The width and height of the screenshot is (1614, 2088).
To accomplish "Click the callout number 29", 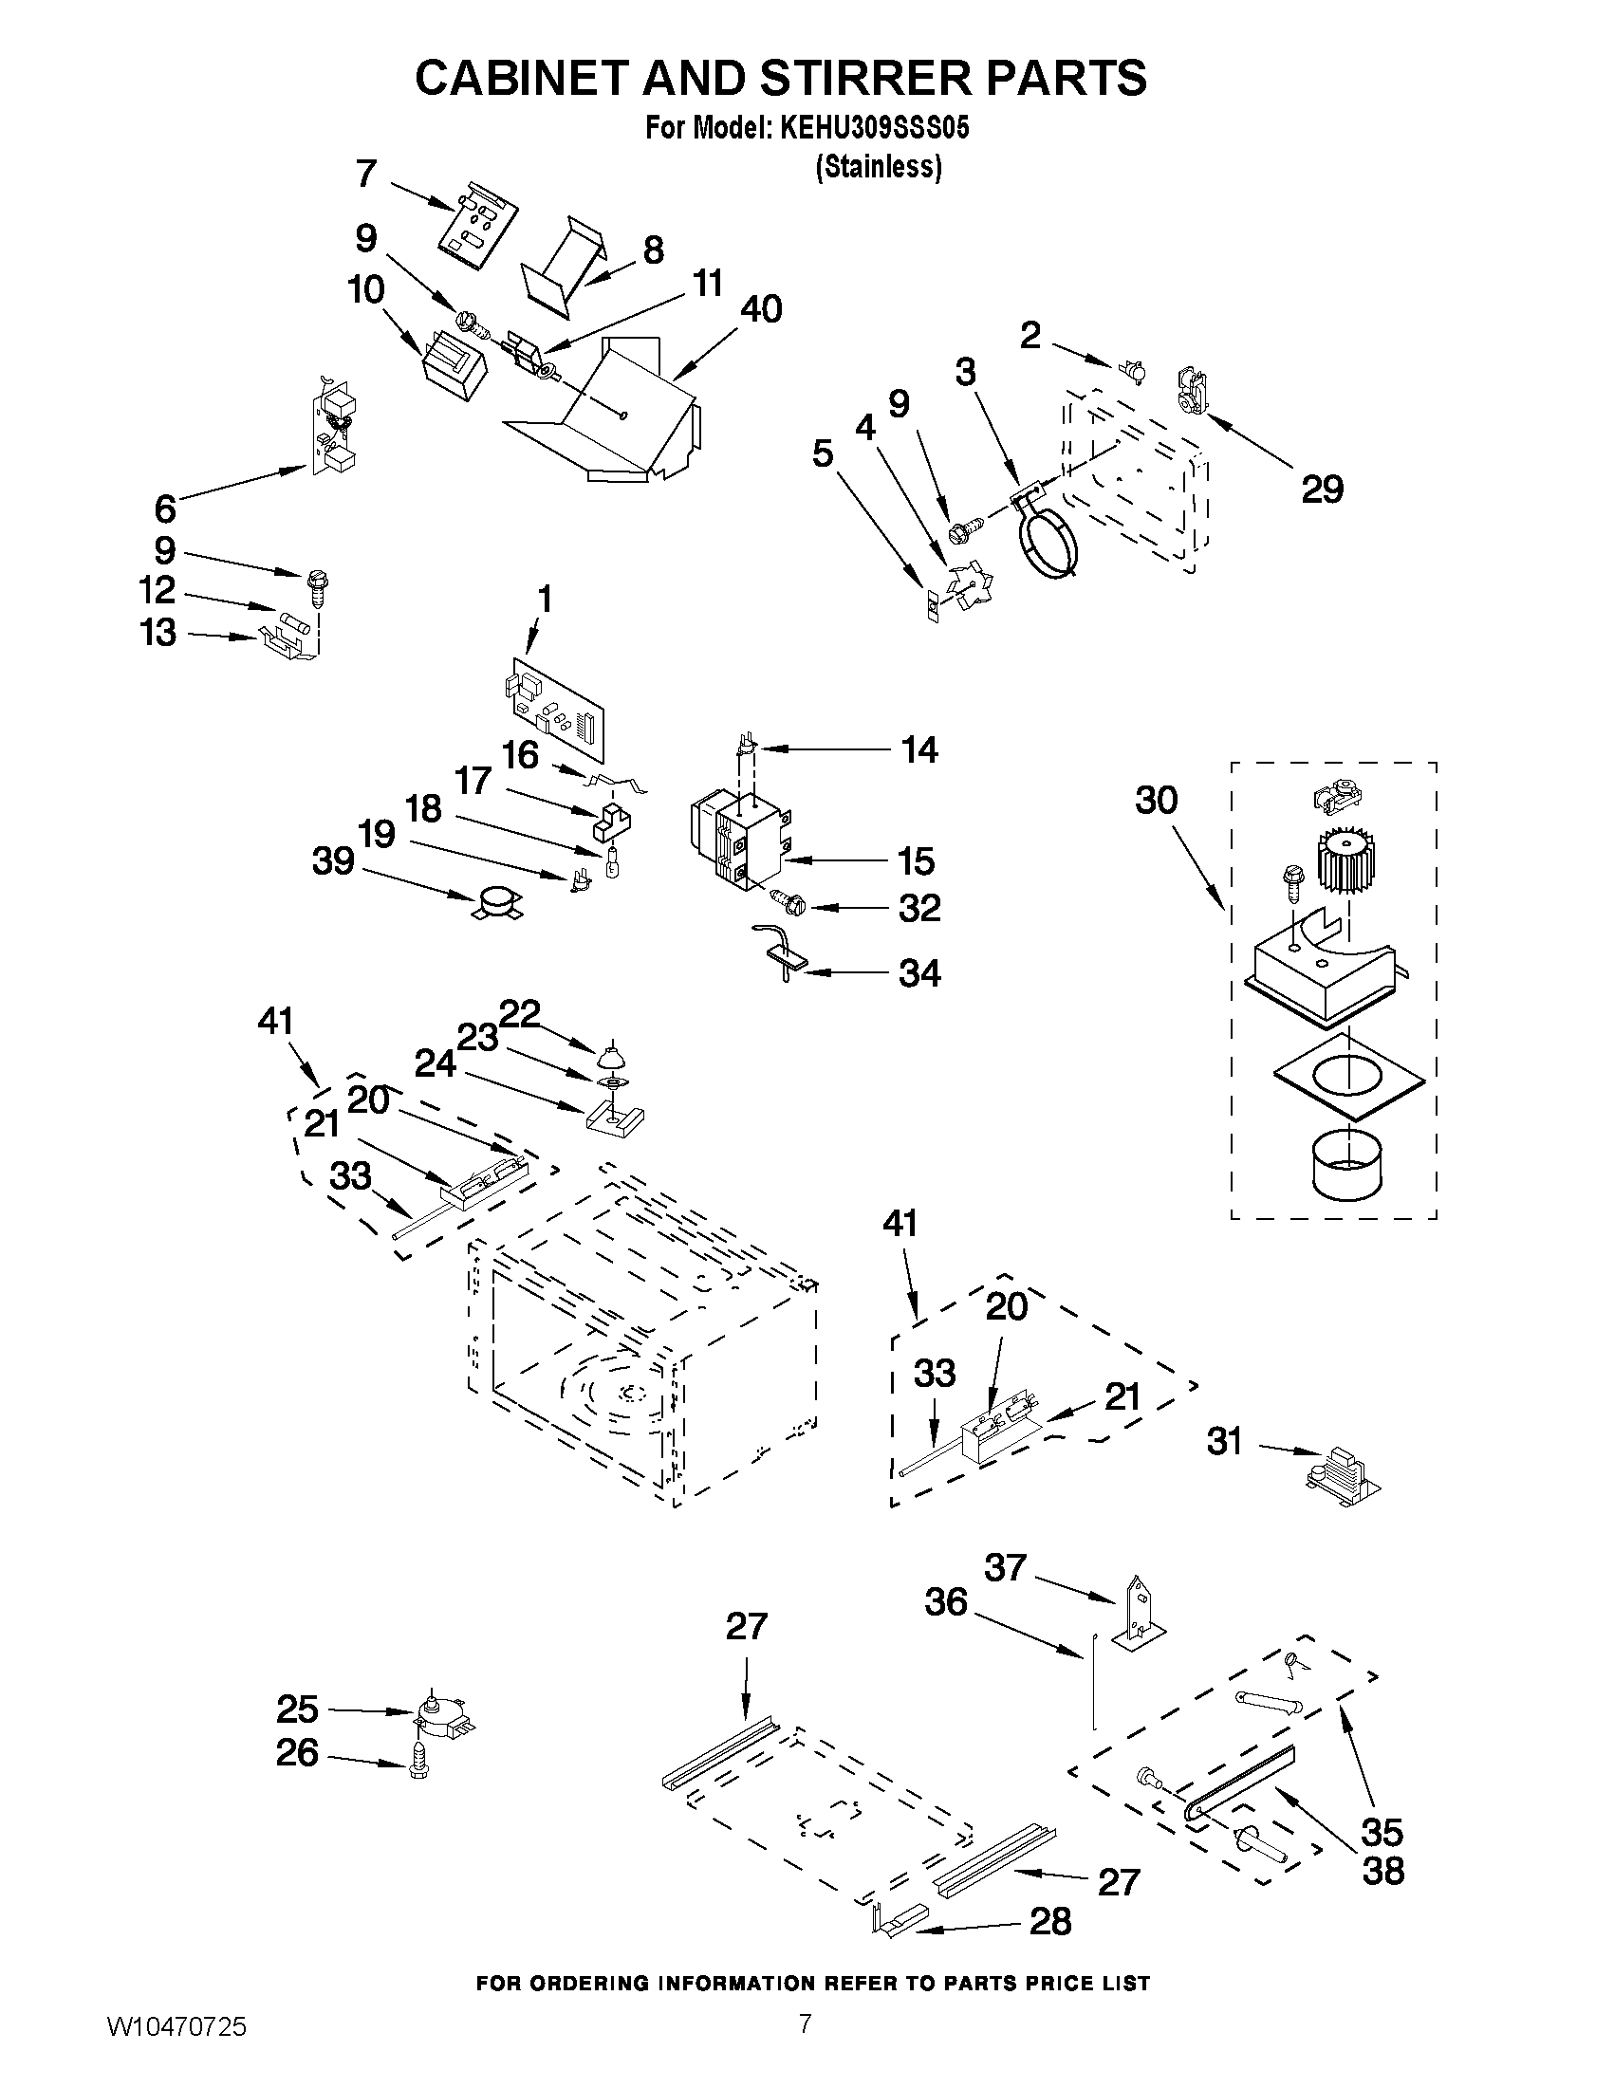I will (x=1322, y=489).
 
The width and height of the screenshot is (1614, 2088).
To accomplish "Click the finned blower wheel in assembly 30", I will (x=1346, y=856).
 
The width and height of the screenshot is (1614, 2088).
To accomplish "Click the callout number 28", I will (x=1049, y=1921).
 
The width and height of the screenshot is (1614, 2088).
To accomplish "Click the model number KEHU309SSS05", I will (x=874, y=129).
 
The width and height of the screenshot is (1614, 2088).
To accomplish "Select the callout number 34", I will (x=918, y=973).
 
